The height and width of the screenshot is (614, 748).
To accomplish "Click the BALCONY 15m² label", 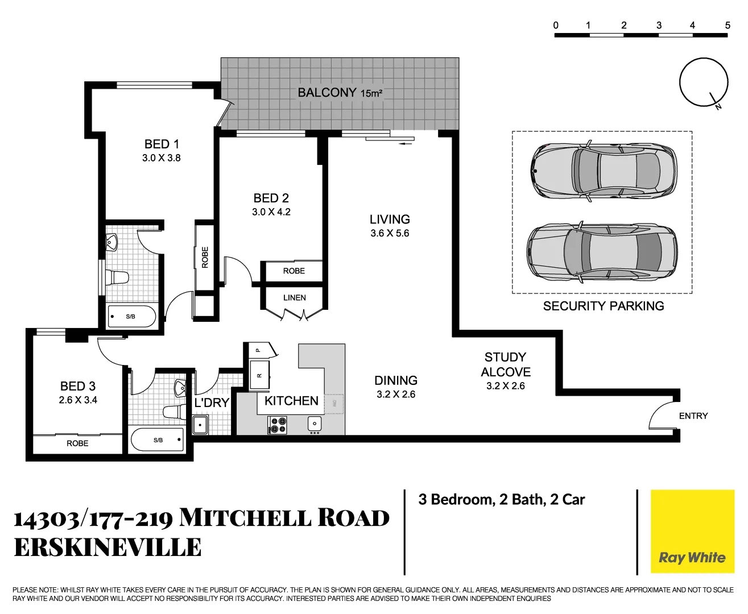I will [x=340, y=93].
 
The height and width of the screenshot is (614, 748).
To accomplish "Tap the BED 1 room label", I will [x=162, y=144].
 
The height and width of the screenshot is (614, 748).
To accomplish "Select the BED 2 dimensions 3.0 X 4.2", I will [x=271, y=212].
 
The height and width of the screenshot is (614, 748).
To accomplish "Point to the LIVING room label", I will [x=390, y=219].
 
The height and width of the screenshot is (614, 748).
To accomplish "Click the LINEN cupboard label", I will [x=294, y=298].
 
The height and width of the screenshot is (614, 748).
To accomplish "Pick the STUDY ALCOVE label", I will [x=505, y=364].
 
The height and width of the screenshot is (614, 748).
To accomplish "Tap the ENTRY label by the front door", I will [x=693, y=416].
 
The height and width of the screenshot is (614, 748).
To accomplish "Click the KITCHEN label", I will [x=291, y=401].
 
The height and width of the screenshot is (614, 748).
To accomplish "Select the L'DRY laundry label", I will [x=212, y=403].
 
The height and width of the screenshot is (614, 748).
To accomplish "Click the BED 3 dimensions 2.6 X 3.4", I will [x=78, y=400].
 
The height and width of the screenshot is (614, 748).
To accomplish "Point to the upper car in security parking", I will [x=603, y=170].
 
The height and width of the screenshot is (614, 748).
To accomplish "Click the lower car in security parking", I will [x=602, y=251].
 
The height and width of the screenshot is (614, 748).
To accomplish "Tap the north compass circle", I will [x=704, y=82].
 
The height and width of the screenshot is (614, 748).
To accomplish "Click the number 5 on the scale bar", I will [x=727, y=26].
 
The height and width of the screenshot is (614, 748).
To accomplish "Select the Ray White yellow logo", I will [x=692, y=532].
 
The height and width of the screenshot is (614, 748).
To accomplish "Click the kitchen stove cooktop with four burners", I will [x=278, y=425].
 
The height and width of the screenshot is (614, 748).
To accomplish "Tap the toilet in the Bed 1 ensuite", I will [x=118, y=278].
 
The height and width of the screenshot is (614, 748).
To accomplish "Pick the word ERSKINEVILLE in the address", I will [x=108, y=547].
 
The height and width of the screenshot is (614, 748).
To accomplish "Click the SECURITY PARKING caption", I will [x=603, y=306].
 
